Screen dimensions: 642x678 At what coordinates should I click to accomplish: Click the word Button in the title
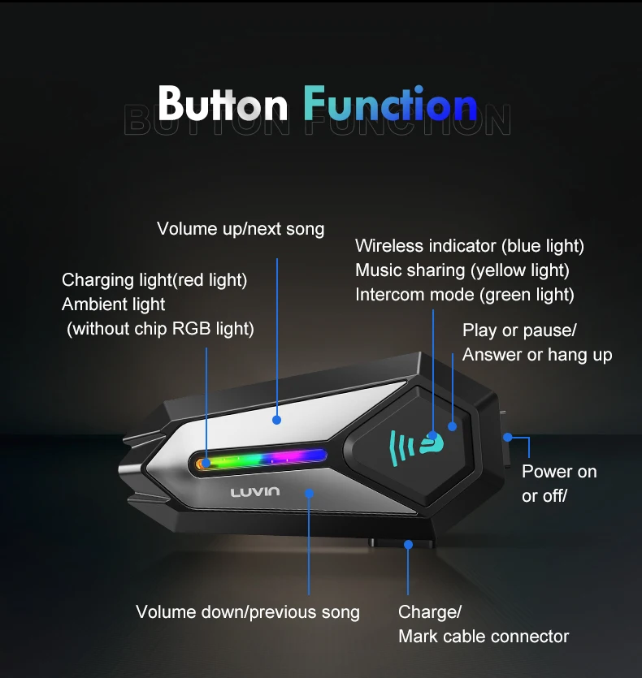coord(223,103)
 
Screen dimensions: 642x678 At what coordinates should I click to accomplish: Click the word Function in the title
coord(390,103)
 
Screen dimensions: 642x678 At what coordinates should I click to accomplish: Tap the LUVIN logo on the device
coord(255,491)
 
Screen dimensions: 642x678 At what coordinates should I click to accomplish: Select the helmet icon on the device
coord(432,443)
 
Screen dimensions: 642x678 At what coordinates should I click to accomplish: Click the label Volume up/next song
coord(241,229)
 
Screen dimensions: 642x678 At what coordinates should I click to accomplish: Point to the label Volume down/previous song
coord(248,612)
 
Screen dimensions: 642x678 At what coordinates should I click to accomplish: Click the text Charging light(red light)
coord(154,280)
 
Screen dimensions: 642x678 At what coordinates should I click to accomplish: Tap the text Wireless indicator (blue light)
coord(470,245)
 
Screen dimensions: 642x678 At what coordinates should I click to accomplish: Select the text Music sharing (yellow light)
coord(462,270)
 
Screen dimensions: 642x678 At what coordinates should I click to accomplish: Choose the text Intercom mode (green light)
coord(465,295)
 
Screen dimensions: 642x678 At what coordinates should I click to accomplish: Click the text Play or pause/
coord(519,330)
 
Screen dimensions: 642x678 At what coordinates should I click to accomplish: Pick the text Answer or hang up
coord(537,355)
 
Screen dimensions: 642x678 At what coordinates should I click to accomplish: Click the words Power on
coord(559,471)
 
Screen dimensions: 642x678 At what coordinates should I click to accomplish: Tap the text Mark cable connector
coord(484,637)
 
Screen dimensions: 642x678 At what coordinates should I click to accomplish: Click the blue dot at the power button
coord(508,438)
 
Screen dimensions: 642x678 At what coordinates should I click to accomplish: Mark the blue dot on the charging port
coord(408,545)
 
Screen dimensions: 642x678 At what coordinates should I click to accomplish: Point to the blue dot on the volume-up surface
coord(276,420)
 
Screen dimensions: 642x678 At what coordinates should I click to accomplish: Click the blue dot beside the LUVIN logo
coord(309,494)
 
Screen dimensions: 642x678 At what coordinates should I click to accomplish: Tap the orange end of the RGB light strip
coord(200,464)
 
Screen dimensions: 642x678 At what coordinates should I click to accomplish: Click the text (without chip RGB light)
coord(160,329)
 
